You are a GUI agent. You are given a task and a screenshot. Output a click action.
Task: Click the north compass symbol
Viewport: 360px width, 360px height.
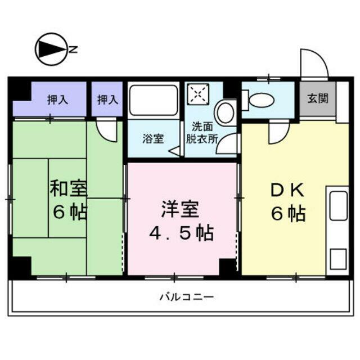click(x=52, y=49)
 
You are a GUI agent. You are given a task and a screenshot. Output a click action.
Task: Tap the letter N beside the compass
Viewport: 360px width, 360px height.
click(x=73, y=49)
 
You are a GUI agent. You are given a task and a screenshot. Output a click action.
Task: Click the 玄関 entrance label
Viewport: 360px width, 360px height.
click(x=318, y=98)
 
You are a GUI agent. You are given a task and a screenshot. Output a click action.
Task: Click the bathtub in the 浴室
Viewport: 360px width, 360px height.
click(x=154, y=100)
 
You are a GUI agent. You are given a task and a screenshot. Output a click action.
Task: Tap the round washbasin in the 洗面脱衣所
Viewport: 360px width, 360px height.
click(x=226, y=112)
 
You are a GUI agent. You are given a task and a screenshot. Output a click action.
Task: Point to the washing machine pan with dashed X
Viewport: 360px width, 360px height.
click(x=199, y=94)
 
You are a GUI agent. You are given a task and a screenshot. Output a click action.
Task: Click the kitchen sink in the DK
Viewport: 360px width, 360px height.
click(x=339, y=206)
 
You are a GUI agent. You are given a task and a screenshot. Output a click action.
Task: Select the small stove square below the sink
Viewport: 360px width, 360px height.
click(x=338, y=259)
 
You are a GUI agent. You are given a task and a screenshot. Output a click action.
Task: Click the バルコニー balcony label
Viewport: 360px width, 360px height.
click(x=187, y=297)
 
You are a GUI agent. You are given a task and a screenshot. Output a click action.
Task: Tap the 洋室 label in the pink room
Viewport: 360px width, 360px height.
click(x=180, y=209)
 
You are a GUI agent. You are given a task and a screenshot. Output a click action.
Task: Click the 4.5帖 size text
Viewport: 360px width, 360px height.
click(x=181, y=233)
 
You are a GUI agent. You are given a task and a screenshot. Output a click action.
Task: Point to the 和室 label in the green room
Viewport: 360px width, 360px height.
click(x=69, y=188)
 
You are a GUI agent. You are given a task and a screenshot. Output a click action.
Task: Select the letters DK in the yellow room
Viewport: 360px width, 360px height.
click(x=288, y=190)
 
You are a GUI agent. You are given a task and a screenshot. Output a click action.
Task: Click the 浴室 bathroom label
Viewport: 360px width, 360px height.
click(x=154, y=138)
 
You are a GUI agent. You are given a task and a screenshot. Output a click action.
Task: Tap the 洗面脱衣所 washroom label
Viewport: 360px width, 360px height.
click(x=202, y=133)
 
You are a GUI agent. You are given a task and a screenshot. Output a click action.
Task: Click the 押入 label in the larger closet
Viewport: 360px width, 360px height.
click(x=57, y=100)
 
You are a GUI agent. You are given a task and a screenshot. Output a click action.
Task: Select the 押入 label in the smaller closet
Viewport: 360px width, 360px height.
click(x=108, y=100)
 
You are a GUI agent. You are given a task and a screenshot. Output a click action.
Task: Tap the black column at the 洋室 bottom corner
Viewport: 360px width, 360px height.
click(x=227, y=267)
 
